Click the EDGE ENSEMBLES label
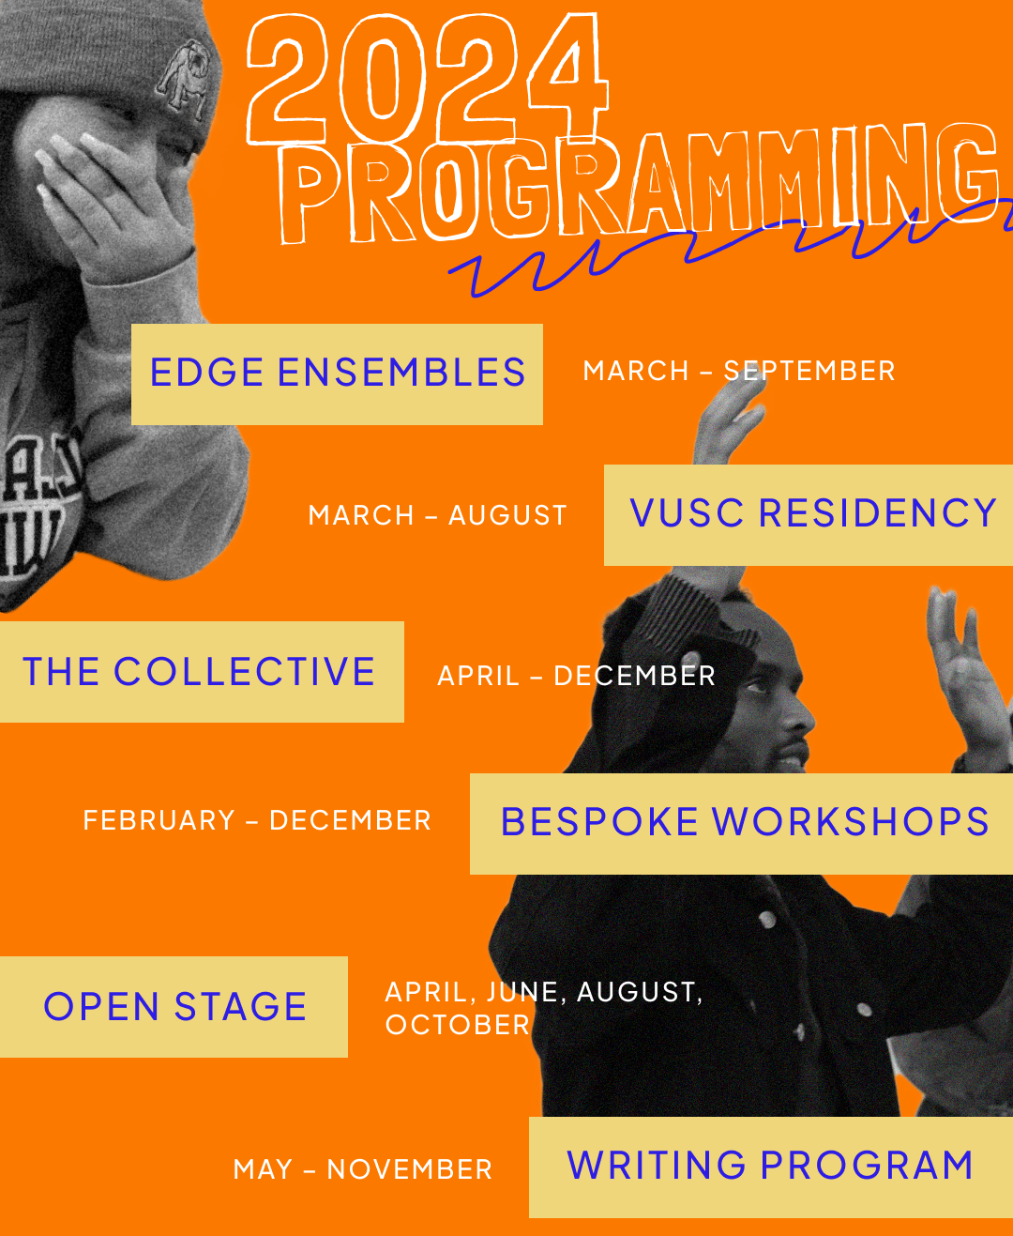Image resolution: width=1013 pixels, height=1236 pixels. (337, 374)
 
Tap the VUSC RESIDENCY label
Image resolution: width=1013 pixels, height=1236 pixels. (812, 514)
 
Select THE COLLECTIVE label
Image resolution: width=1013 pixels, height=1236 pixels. (199, 672)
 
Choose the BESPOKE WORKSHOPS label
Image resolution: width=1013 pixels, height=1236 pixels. (745, 822)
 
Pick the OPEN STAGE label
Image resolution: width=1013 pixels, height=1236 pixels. (174, 1007)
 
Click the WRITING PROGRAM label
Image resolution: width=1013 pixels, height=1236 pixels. (770, 1166)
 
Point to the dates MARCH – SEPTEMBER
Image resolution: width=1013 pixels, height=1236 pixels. (739, 371)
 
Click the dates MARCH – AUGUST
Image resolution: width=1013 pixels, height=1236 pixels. (438, 515)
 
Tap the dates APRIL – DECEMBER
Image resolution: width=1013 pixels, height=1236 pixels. (576, 676)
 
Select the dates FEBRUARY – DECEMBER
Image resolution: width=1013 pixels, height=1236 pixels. (257, 820)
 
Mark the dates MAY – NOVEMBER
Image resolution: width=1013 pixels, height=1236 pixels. (362, 1169)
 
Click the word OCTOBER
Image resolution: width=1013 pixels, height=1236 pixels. (458, 1025)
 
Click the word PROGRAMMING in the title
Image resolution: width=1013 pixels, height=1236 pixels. (638, 183)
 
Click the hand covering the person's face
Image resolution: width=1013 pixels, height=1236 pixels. (113, 202)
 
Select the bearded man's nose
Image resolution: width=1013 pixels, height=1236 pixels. (797, 723)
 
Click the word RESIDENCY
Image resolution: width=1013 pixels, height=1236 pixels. (877, 514)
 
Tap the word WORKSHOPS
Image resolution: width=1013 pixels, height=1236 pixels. (851, 822)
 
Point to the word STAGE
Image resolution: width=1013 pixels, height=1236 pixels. (240, 1007)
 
